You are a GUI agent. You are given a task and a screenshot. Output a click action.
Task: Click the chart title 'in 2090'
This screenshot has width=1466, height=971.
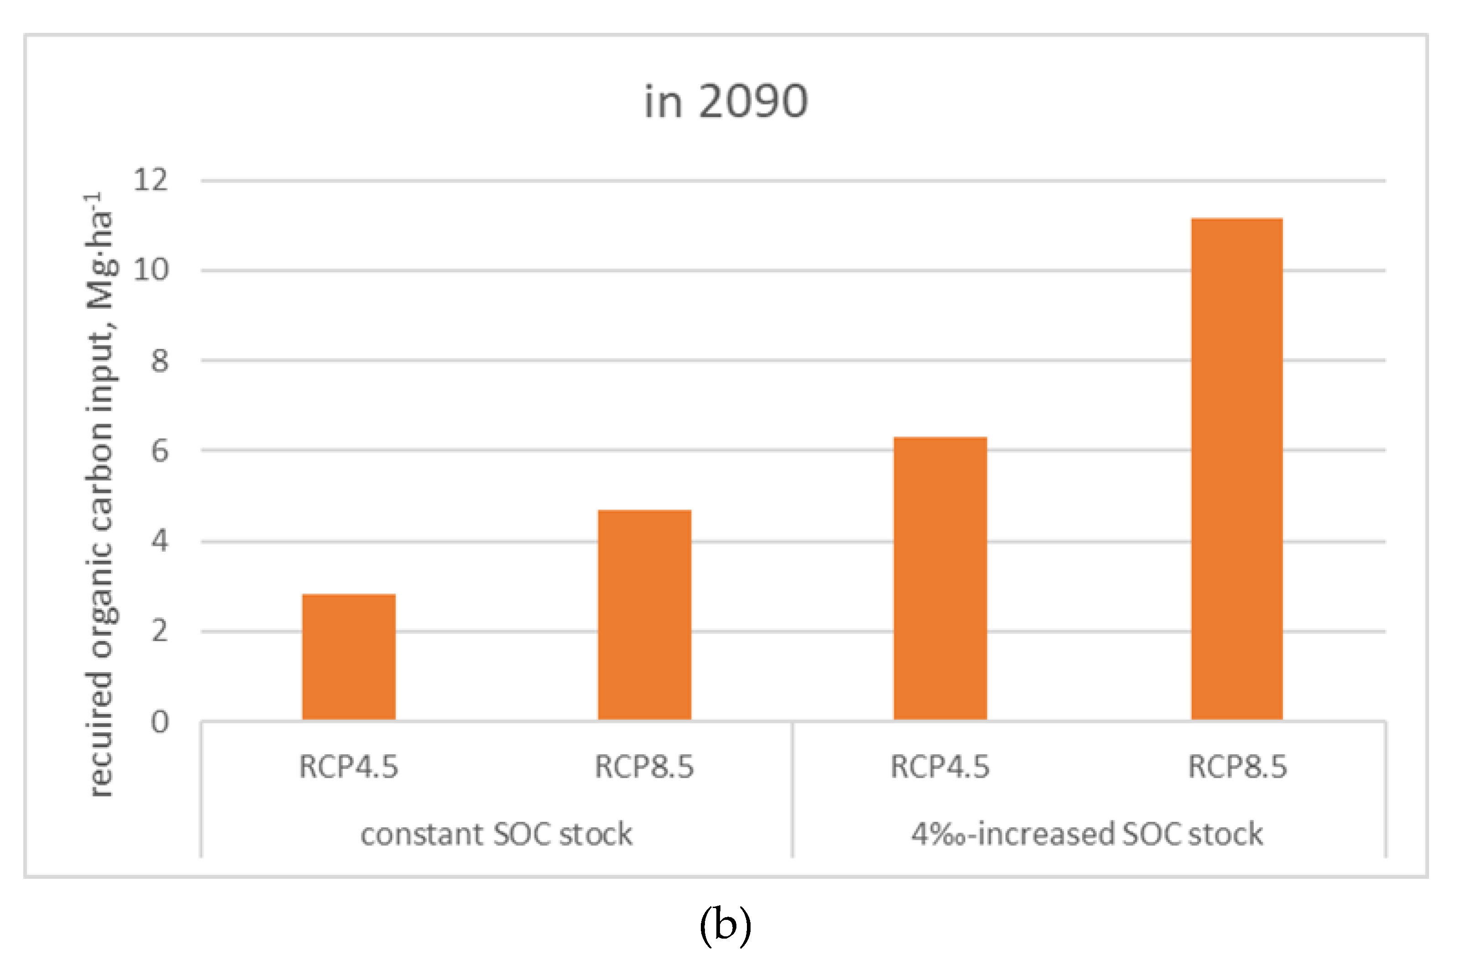(725, 102)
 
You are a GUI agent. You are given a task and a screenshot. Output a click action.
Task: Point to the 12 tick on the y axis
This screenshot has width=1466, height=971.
(151, 180)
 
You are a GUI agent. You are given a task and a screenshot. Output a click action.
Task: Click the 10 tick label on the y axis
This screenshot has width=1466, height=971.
(151, 270)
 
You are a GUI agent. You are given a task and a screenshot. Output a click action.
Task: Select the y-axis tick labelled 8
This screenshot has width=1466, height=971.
(160, 360)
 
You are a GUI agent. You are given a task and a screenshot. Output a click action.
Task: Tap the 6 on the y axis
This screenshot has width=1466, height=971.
(160, 451)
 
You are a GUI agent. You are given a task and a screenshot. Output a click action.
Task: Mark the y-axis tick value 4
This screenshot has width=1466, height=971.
(160, 541)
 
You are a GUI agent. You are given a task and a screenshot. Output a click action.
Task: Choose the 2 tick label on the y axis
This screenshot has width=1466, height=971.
(160, 631)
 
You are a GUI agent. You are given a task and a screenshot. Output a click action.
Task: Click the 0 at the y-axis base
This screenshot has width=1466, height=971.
(160, 721)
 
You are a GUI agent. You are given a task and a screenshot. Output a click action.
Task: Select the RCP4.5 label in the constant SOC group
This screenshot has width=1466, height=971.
(349, 767)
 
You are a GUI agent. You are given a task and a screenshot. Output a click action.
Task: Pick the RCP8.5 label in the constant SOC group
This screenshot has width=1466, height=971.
(644, 767)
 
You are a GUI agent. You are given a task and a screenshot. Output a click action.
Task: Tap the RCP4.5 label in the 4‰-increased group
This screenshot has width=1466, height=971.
(940, 767)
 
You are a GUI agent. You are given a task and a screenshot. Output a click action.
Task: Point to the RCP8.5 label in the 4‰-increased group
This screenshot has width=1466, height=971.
(1237, 767)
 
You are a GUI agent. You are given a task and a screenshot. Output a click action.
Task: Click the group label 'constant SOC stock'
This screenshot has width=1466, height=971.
(496, 834)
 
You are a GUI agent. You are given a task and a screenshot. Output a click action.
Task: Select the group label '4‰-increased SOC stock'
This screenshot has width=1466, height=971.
(1086, 834)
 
